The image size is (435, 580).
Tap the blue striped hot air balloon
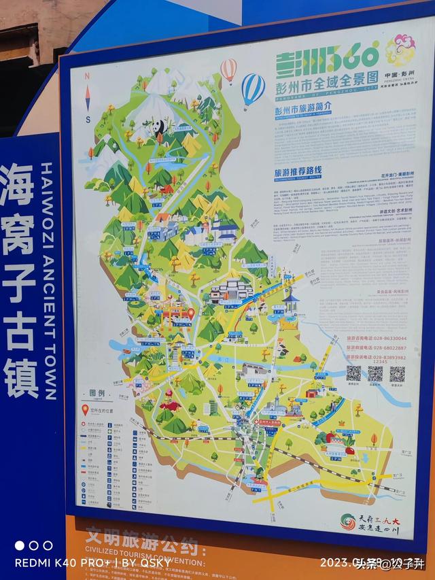pyautogui.click(x=253, y=88)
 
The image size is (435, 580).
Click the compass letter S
pyautogui.click(x=88, y=120)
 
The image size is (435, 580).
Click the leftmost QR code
pyautogui.click(x=353, y=373)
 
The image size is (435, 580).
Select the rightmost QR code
pyautogui.click(x=398, y=373)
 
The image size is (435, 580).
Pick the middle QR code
pyautogui.click(x=375, y=373)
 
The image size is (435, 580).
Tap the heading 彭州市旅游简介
pyautogui.click(x=302, y=107)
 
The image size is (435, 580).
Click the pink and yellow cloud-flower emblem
pyautogui.click(x=400, y=50)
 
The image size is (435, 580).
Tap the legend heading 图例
pyautogui.click(x=97, y=394)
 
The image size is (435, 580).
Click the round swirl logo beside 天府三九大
pyautogui.click(x=348, y=522)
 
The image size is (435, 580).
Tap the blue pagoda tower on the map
pyautogui.click(x=291, y=303)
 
